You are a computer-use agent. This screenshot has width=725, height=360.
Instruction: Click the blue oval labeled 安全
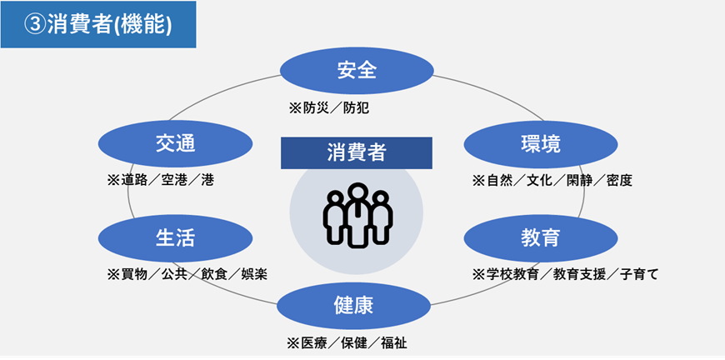point(357,70)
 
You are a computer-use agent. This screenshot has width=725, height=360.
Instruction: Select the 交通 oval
point(176,143)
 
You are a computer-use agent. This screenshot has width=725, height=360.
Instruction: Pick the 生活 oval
point(176,237)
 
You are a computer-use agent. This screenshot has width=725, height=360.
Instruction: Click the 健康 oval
point(357,306)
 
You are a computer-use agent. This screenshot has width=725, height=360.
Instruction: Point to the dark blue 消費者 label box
point(356,152)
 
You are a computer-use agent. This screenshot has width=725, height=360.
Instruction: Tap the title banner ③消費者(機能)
point(98,25)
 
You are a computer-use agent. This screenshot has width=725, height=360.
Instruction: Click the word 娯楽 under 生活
point(254,274)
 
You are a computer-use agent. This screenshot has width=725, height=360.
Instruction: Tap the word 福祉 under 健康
point(394,343)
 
